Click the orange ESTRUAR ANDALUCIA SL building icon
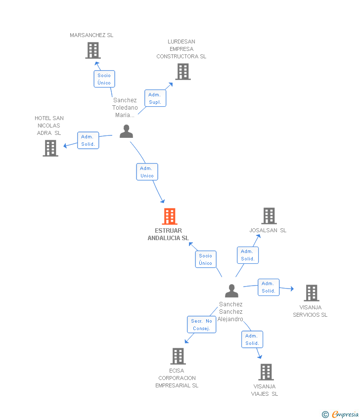(x=170, y=216)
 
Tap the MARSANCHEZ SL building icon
(x=93, y=50)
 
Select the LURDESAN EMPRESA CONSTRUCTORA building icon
(x=183, y=72)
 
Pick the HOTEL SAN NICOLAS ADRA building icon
(x=50, y=148)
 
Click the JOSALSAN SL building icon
(x=269, y=216)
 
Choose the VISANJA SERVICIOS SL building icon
(x=311, y=293)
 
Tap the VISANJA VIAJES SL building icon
(x=266, y=372)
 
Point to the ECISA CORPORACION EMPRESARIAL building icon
(x=178, y=356)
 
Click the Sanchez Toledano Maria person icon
(x=127, y=131)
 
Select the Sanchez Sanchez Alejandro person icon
(x=231, y=291)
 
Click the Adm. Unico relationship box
(x=147, y=172)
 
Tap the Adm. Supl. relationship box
(x=155, y=98)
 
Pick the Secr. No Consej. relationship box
(x=202, y=325)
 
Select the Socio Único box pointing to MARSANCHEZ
(x=104, y=79)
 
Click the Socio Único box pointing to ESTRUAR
(x=206, y=259)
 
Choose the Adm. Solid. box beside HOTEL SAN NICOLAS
(x=88, y=140)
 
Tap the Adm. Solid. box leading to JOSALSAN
(x=248, y=255)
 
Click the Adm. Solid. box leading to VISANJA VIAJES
(x=252, y=339)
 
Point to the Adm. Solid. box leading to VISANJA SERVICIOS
(x=269, y=287)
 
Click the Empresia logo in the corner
(x=341, y=414)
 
